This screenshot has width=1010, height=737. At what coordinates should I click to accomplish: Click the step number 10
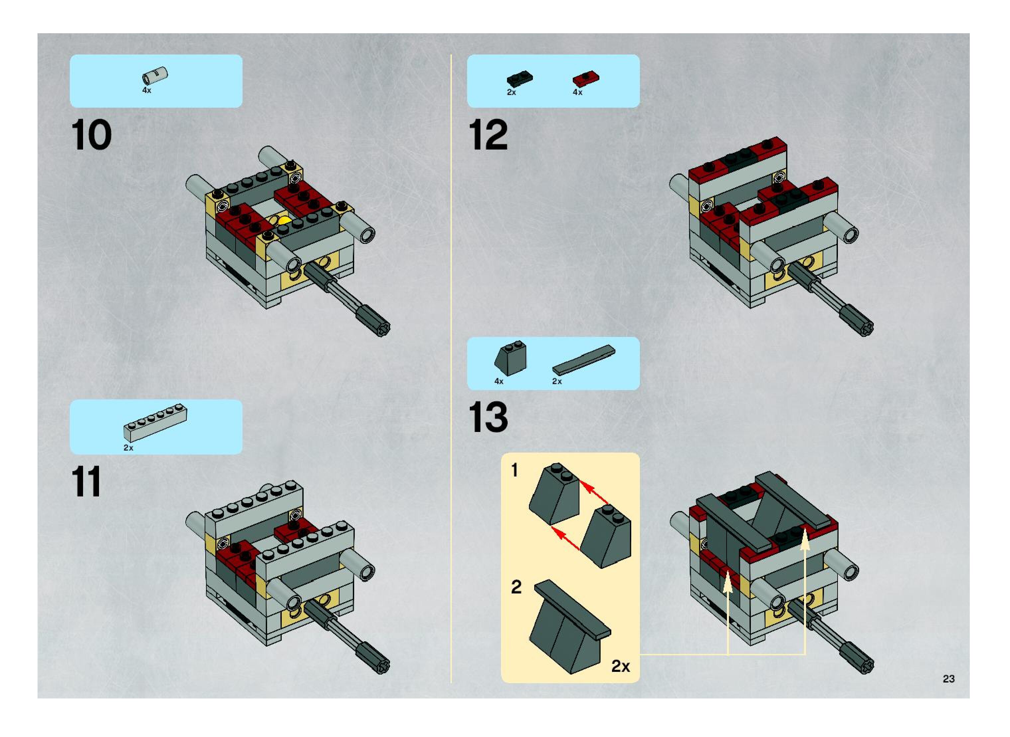coord(91,135)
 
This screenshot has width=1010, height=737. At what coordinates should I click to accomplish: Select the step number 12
coord(488,135)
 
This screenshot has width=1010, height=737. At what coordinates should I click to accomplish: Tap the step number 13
coord(488,417)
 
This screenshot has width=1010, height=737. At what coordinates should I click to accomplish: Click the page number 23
coord(949,679)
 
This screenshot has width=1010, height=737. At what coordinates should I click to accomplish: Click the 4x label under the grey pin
coord(147,91)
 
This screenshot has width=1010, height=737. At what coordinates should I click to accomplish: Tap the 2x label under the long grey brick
coord(129,448)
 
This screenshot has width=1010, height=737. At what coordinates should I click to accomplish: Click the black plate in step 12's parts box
coord(520,79)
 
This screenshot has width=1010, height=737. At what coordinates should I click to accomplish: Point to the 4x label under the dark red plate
coord(577,92)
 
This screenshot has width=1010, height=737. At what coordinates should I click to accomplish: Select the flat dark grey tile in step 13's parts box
coord(583,359)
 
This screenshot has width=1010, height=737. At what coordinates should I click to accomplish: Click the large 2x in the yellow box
coord(620,666)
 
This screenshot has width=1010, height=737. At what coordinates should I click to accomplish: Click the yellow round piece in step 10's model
coord(284,220)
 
